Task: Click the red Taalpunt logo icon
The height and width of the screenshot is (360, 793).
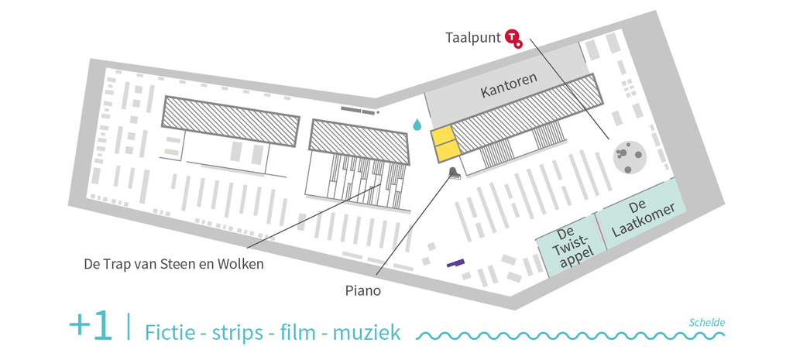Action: [x=513, y=39]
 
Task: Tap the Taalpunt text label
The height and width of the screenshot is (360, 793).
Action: [x=473, y=38]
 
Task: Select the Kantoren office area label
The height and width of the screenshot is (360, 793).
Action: [x=508, y=84]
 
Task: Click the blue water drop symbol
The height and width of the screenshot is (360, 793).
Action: [x=417, y=125]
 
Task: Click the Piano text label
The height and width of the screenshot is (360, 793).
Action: [x=363, y=291]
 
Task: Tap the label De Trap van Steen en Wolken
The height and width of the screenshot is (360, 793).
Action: [x=174, y=264]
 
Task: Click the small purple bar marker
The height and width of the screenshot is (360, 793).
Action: [x=455, y=262]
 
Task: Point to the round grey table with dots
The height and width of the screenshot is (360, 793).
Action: [x=630, y=156]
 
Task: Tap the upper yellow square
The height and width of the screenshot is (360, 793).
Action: [x=441, y=136]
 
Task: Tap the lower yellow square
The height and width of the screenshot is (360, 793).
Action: [x=448, y=152]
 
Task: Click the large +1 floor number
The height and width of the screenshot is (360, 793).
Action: [x=91, y=326]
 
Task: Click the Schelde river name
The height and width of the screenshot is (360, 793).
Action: [x=707, y=323]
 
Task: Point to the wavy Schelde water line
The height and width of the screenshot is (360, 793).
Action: [x=570, y=336]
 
